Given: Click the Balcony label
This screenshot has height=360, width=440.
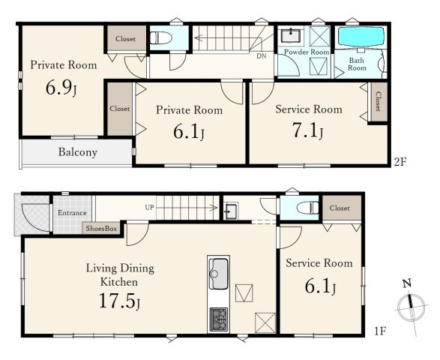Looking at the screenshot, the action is pyautogui.click(x=78, y=152).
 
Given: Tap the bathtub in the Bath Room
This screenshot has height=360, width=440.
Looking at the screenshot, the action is pyautogui.click(x=361, y=37).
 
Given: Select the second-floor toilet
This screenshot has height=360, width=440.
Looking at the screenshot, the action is pyautogui.click(x=161, y=37).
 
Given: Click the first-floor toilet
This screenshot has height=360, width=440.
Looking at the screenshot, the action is pyautogui.click(x=307, y=208).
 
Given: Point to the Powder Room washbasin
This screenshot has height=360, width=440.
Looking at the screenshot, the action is pyautogui.click(x=291, y=35).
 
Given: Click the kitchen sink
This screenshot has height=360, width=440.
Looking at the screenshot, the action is pyautogui.click(x=218, y=274).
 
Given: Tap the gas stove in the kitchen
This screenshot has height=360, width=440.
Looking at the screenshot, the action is pyautogui.click(x=219, y=319).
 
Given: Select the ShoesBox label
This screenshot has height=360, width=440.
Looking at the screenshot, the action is pyautogui.click(x=101, y=229).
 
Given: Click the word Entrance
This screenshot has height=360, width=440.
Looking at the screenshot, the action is pyautogui.click(x=72, y=213).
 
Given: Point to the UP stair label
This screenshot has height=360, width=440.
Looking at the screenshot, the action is pyautogui.click(x=149, y=208).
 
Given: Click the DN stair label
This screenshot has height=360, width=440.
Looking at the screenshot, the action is pyautogui.click(x=262, y=56).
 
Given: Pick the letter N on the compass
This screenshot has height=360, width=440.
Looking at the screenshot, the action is pyautogui.click(x=407, y=283).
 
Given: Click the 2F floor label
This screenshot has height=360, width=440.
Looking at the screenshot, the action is pyautogui.click(x=400, y=162).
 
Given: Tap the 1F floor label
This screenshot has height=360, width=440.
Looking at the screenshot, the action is pyautogui.click(x=380, y=331).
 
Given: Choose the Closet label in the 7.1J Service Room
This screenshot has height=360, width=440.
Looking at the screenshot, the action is pyautogui.click(x=378, y=102).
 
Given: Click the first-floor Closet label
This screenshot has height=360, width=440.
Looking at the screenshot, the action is pyautogui.click(x=340, y=208).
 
